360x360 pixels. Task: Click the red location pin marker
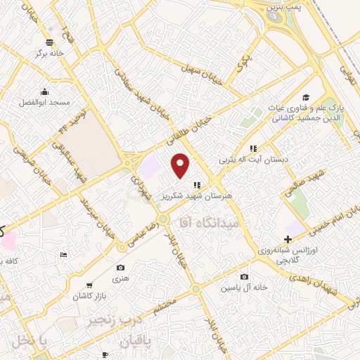click(x=181, y=165)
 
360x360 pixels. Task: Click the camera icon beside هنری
click(x=120, y=268)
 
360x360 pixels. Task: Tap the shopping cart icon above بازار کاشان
click(x=89, y=285)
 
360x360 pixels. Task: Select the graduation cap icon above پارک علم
click(x=305, y=98)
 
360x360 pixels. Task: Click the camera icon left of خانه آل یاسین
click(x=243, y=277)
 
